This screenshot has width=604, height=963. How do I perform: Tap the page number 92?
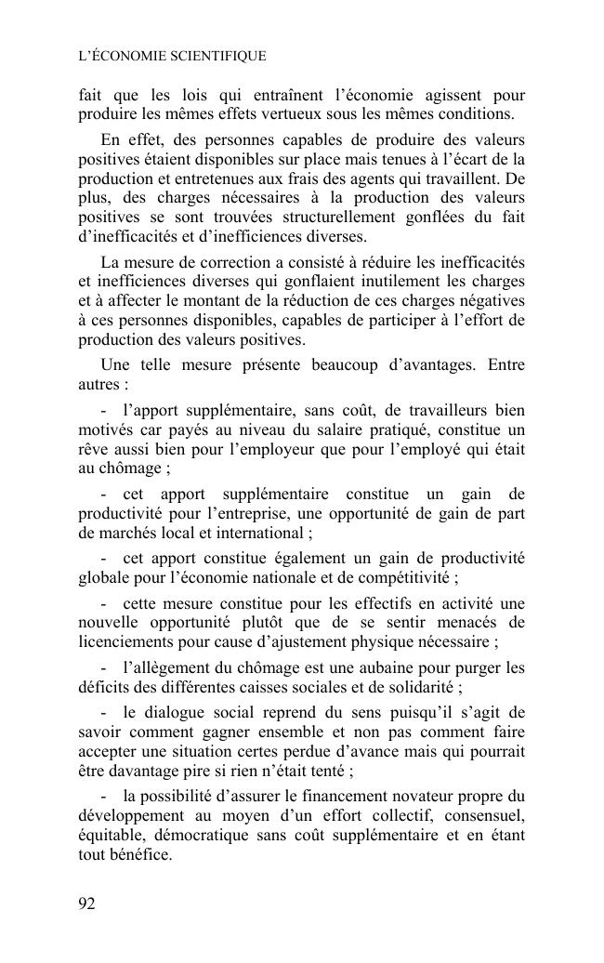[x=87, y=903]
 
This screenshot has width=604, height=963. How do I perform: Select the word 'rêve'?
[x=93, y=448]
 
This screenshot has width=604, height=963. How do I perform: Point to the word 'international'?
[x=264, y=533]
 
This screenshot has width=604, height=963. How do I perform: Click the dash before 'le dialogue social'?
[x=104, y=713]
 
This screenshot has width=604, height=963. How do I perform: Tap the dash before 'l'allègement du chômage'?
[x=104, y=668]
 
